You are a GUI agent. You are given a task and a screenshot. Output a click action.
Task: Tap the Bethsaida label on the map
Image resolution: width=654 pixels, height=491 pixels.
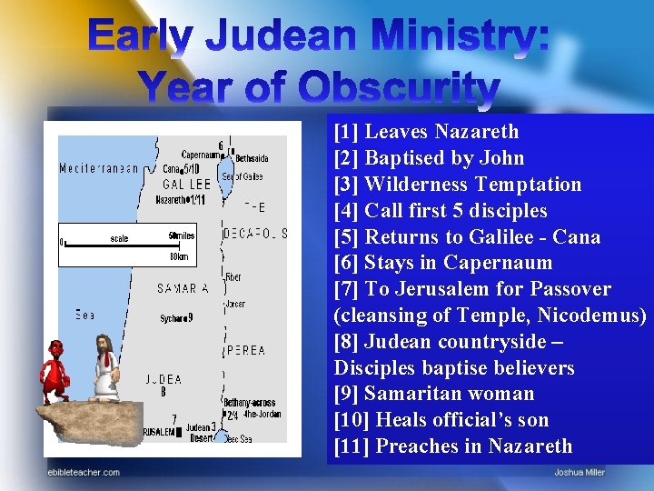tap(252, 158)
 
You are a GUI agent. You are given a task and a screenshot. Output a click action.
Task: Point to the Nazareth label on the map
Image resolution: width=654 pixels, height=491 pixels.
tap(173, 199)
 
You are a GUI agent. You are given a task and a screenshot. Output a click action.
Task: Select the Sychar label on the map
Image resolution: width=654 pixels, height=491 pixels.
tap(173, 318)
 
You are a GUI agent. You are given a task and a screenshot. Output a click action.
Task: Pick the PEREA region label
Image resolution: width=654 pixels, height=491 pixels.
tap(246, 350)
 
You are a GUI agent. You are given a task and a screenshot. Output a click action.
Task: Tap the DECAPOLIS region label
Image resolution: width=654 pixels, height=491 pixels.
tap(255, 234)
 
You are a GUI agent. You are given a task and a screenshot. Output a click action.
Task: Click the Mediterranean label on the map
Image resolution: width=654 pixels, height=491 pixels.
tap(99, 168)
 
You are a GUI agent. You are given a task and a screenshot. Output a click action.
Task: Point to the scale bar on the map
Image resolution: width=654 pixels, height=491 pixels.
tap(118, 243)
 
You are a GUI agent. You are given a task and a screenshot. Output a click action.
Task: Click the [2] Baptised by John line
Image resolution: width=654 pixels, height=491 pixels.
tap(429, 158)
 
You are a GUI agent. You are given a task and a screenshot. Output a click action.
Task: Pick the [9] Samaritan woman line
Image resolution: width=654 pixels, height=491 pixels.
tap(433, 394)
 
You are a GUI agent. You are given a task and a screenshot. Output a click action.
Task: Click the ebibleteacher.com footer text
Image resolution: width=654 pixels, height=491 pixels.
tap(84, 472)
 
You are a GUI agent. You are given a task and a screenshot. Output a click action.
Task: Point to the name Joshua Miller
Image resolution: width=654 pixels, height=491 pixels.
tap(580, 472)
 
